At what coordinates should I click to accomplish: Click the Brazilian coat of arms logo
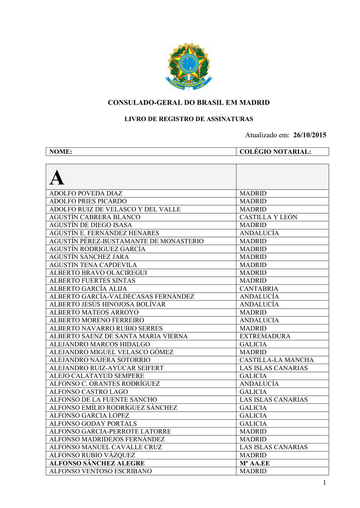click(x=188, y=66)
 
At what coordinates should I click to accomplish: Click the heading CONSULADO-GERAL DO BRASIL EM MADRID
click(x=189, y=103)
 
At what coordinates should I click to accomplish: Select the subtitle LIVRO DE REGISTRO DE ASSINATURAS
click(x=189, y=119)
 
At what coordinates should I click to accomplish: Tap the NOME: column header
click(x=61, y=152)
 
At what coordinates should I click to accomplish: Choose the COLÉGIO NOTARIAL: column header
click(x=275, y=152)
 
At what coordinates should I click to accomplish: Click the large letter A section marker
click(x=57, y=177)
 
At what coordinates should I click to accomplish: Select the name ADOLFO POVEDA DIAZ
click(x=86, y=193)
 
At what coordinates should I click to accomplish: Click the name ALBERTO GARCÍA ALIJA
click(x=88, y=289)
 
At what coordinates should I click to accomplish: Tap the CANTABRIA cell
click(x=259, y=289)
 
